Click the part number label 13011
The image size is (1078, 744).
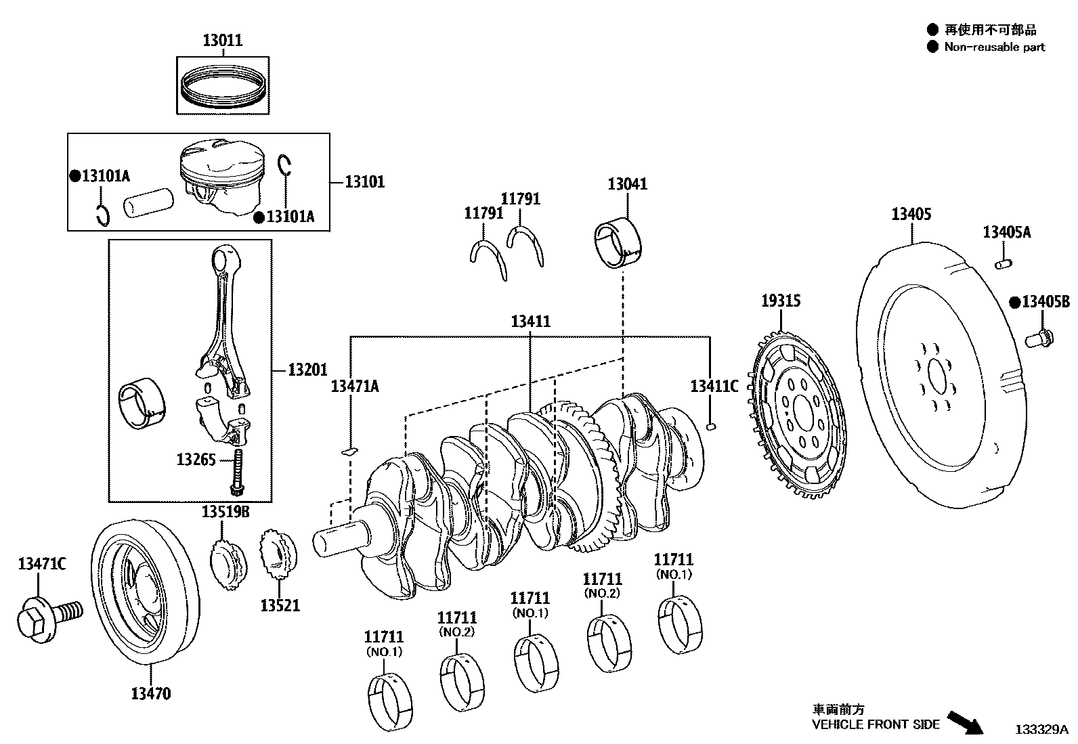coord(222,41)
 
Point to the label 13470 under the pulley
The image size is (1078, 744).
coord(150,693)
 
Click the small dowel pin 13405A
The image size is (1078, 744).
coord(1003,261)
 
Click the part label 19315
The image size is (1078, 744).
coord(781,301)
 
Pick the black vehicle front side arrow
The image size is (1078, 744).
coord(964,722)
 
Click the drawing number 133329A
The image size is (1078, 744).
coord(1041,730)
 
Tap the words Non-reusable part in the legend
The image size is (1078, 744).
coord(995,47)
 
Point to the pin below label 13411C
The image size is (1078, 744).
coord(710,426)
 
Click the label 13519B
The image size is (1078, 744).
coord(225,512)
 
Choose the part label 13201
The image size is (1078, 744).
coord(307,370)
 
